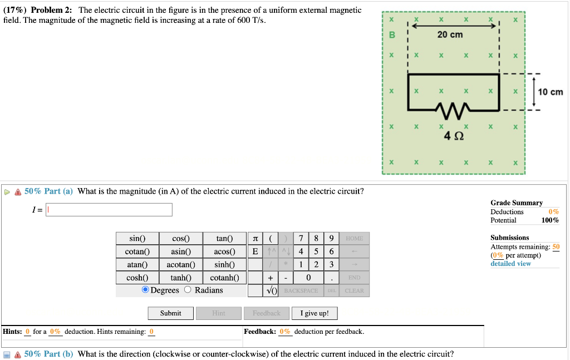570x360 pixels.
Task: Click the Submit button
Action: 170,313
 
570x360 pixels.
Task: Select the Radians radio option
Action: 188,290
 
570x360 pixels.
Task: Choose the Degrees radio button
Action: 145,290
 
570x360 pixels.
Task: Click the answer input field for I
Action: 109,210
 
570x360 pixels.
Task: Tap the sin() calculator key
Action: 137,239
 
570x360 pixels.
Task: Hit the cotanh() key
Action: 224,278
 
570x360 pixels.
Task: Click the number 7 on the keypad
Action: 301,239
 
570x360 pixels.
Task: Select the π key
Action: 255,239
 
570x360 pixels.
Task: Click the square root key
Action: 271,290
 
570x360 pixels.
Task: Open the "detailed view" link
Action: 510,263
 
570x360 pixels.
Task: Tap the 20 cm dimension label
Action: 450,34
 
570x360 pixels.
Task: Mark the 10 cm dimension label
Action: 551,92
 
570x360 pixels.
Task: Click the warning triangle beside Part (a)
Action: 18,191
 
